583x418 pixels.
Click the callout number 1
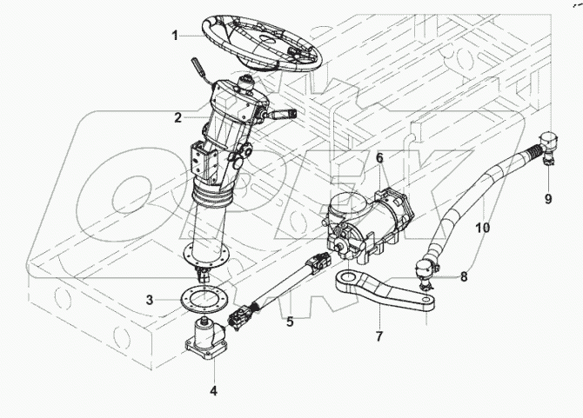(x=175, y=35)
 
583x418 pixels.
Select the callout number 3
(x=150, y=300)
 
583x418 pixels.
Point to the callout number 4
(x=212, y=390)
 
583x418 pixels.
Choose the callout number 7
(x=379, y=335)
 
